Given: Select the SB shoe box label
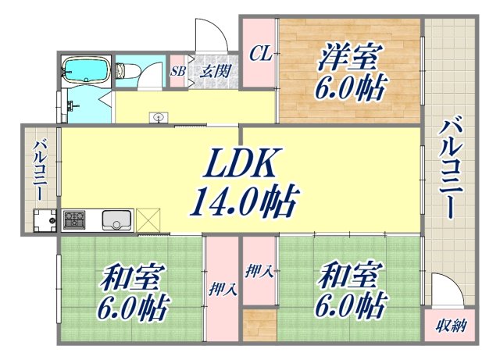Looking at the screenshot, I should coord(177,70).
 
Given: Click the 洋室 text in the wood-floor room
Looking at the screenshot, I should coord(350,58).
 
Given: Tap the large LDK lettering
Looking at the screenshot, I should coord(238,166).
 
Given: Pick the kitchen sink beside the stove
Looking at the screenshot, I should coord(116,221).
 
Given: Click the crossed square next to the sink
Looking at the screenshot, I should coord(148,220).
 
